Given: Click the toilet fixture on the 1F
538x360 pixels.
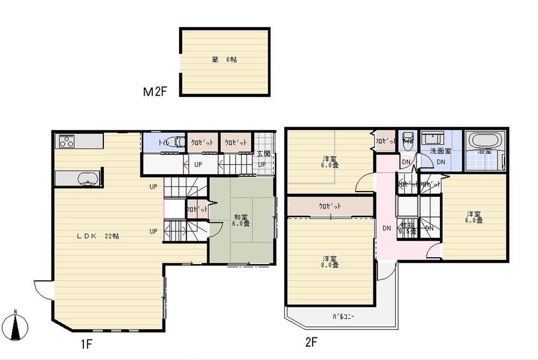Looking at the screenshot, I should pyautogui.click(x=171, y=143).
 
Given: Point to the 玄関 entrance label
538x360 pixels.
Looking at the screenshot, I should pyautogui.click(x=261, y=154).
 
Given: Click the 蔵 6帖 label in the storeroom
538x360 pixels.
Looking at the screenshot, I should pyautogui.click(x=224, y=60).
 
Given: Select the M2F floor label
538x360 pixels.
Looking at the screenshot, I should pyautogui.click(x=156, y=92).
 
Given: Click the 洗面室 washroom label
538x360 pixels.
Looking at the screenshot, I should pyautogui.click(x=440, y=152).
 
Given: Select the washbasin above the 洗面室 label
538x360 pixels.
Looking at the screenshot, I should pyautogui.click(x=434, y=138).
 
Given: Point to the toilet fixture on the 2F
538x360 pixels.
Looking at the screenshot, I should pyautogui.click(x=407, y=137).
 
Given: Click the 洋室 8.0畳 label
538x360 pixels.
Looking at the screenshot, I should pyautogui.click(x=330, y=262).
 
